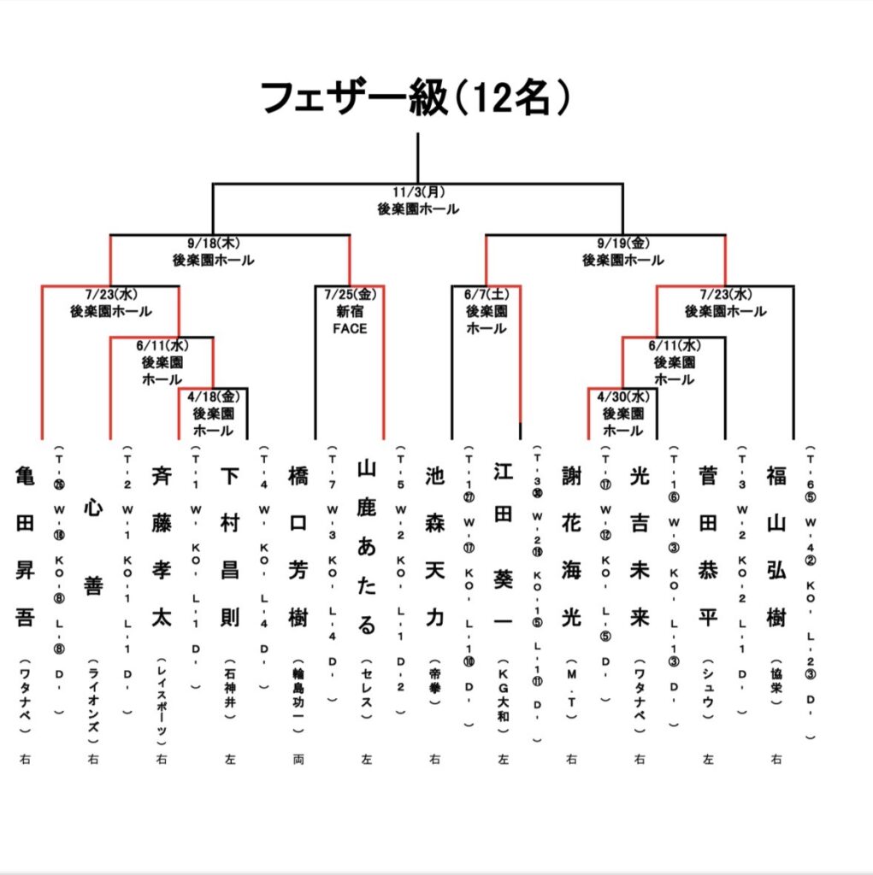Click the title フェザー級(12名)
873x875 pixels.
(416, 98)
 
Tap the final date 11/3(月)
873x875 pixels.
(418, 192)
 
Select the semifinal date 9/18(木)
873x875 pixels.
(213, 244)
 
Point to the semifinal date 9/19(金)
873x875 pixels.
(623, 244)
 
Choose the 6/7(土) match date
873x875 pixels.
(486, 295)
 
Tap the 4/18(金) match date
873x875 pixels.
(213, 396)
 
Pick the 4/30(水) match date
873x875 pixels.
(623, 396)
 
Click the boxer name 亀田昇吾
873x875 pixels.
(25, 546)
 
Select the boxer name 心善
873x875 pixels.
(93, 546)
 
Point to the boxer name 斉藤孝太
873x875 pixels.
(162, 546)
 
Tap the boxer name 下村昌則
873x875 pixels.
(230, 546)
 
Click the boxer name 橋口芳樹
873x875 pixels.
(298, 546)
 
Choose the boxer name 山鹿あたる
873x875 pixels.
(367, 546)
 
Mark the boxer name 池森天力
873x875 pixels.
(435, 546)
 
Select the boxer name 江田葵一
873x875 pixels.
(504, 546)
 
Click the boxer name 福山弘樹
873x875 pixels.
(777, 546)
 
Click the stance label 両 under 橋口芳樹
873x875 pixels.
(298, 758)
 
